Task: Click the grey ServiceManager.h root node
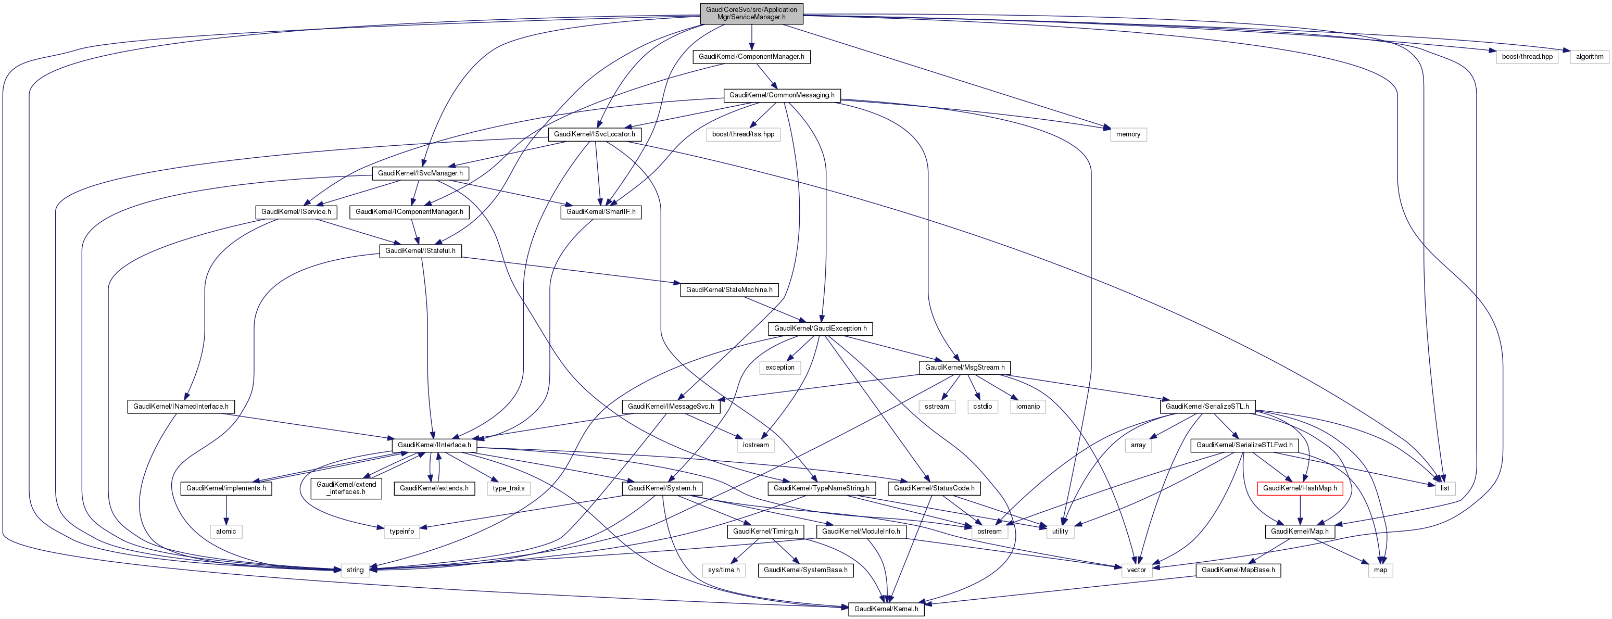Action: (x=751, y=13)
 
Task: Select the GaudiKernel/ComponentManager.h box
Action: (x=751, y=56)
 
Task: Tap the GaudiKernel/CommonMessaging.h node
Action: (x=782, y=95)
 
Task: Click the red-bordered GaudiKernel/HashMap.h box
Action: (x=1300, y=488)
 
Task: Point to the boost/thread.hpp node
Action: (x=1527, y=56)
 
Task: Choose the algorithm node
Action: (x=1590, y=56)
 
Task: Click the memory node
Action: (x=1128, y=134)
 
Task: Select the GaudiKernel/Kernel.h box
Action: (x=886, y=609)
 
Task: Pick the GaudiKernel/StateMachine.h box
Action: (x=729, y=290)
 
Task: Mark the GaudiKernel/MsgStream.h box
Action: (x=964, y=368)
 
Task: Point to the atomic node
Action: (x=226, y=532)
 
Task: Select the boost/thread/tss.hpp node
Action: (x=743, y=134)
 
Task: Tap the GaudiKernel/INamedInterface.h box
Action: (x=181, y=406)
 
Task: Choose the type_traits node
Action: (x=508, y=488)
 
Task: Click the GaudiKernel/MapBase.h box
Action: (x=1238, y=570)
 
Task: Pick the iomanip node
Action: (x=1027, y=406)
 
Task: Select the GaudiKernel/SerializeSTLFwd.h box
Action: (x=1244, y=445)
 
